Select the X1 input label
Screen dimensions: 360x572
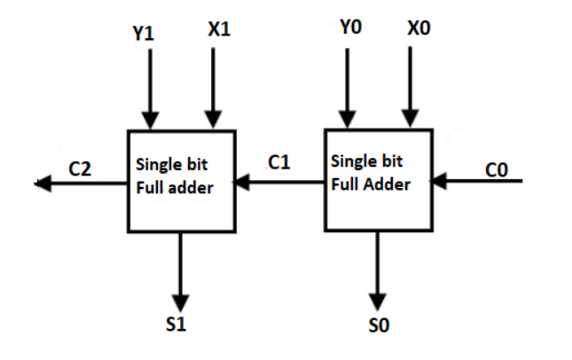(218, 29)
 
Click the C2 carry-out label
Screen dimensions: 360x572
(80, 168)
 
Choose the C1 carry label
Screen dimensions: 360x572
(280, 161)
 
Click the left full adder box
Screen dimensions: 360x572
(181, 182)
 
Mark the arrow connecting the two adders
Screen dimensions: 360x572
(279, 184)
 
